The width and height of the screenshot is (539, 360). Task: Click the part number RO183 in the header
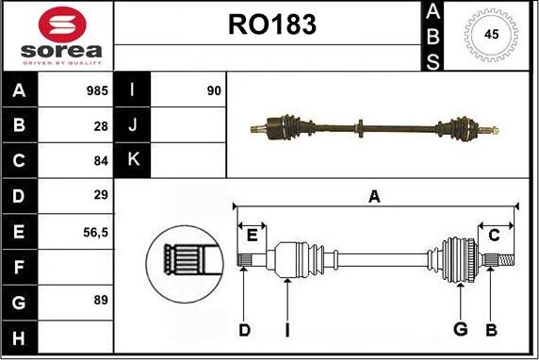[271, 25]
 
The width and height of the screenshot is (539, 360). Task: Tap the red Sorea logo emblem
[57, 23]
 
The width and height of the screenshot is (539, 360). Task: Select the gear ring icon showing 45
[491, 35]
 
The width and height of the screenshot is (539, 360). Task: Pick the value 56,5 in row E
[95, 231]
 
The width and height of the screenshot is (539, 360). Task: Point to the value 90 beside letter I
[213, 91]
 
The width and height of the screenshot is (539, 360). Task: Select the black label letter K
[133, 160]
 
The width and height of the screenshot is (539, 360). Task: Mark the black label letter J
[133, 125]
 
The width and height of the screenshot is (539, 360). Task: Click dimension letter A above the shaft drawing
[374, 196]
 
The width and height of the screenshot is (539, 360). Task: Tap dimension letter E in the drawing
[252, 236]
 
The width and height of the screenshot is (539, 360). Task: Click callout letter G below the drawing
[460, 329]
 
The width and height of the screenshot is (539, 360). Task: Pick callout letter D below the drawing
[244, 329]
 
